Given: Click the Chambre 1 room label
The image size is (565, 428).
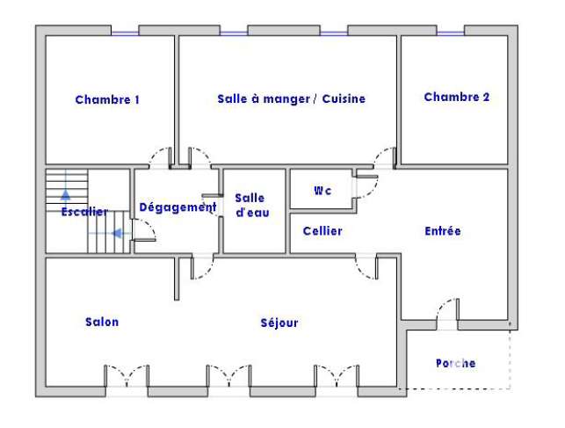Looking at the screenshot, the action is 107,99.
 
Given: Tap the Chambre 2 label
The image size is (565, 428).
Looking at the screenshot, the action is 457,97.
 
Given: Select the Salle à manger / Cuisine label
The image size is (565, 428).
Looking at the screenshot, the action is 291,98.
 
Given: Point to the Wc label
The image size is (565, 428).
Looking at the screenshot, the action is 322,190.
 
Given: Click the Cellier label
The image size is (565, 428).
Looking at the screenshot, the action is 322,231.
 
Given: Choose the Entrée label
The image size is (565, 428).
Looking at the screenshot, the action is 443,231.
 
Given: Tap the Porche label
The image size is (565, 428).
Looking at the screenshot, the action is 455,363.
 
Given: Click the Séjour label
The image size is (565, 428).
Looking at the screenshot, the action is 279,323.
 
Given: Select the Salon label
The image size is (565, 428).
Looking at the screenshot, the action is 102,322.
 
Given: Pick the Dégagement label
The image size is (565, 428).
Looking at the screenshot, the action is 177,207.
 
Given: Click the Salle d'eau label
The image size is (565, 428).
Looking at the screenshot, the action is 252,205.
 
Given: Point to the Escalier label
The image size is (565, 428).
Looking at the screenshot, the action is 84,212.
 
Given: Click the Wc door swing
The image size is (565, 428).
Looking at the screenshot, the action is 366,186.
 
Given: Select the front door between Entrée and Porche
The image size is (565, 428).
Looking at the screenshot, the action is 448,312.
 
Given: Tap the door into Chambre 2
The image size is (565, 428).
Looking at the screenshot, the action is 385,158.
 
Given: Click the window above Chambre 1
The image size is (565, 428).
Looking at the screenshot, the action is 125,33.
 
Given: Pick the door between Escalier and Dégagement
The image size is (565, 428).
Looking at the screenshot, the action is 144,230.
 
